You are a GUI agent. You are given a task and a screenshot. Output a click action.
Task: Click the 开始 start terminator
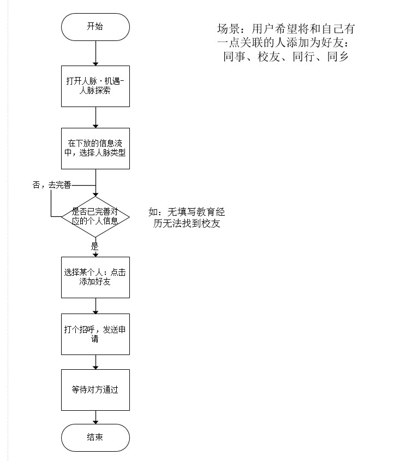95,27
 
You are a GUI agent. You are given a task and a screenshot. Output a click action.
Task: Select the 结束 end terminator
95,438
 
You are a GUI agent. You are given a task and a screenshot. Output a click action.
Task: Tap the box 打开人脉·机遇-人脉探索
95,86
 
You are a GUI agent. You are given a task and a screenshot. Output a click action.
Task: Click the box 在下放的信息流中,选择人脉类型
95,149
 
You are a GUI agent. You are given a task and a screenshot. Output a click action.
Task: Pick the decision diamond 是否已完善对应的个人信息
95,217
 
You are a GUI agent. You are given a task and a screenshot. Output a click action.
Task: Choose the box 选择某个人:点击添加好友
95,277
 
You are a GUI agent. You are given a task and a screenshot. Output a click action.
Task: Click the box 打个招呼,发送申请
95,334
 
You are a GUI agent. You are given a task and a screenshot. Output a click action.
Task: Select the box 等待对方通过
95,390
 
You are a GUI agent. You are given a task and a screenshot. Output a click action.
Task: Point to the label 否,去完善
52,185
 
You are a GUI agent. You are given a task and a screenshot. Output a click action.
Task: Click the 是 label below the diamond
94,246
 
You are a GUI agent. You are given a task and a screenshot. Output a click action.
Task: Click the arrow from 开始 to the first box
95,53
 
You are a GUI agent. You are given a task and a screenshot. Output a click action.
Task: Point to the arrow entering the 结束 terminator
95,417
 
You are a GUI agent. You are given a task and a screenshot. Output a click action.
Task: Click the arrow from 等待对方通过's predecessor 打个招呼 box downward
95,362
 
